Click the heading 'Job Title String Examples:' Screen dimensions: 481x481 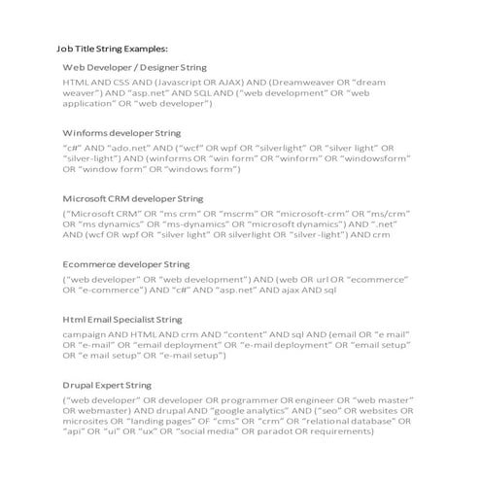point(113,47)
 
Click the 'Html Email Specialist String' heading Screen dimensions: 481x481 point(121,319)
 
